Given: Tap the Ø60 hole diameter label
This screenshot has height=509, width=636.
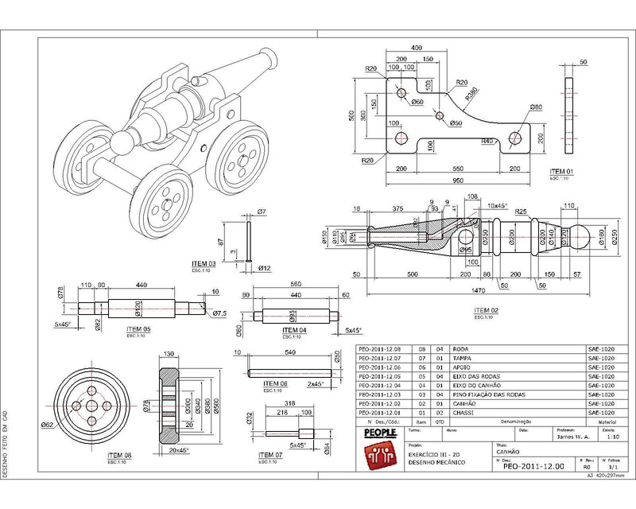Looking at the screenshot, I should point(417,103).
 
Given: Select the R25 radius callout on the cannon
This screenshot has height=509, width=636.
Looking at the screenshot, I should point(521,212).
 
